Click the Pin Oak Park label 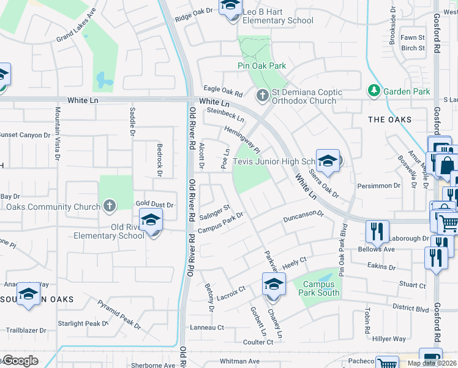(x=261, y=66)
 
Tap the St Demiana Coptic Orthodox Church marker (x=262, y=95)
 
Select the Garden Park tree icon (x=374, y=91)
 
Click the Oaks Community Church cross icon (x=109, y=206)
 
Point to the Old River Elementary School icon (x=151, y=221)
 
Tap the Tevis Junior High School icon (x=328, y=161)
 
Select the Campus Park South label (x=318, y=288)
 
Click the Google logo (x=20, y=361)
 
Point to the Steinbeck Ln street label (x=225, y=114)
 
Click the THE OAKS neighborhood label (x=390, y=120)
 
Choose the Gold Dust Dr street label (x=154, y=204)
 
